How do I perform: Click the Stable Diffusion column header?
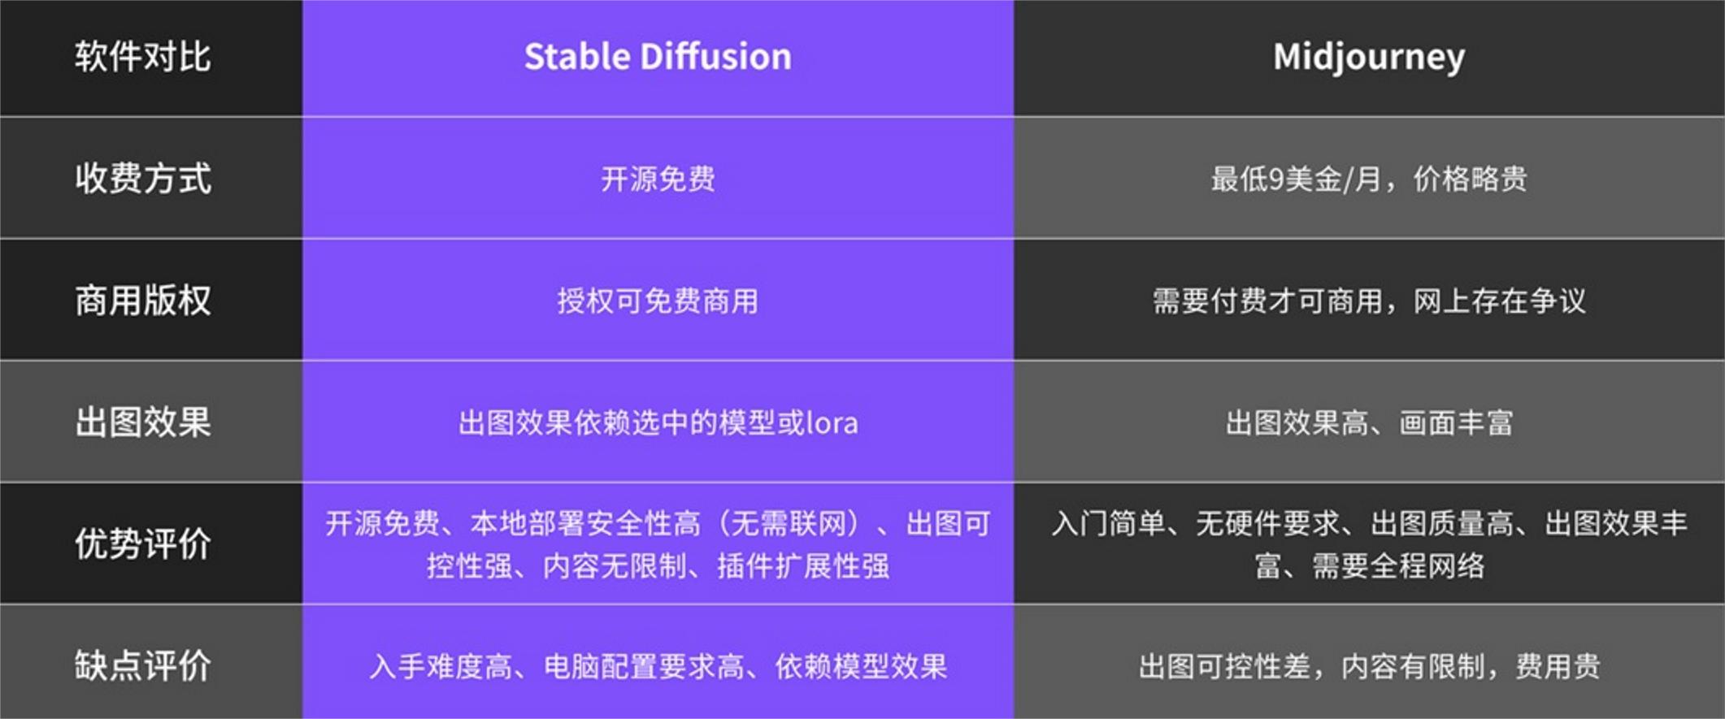[658, 57]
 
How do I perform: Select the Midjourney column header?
[1369, 57]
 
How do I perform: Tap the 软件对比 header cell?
[143, 57]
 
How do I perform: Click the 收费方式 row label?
[143, 179]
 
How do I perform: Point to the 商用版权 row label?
[143, 301]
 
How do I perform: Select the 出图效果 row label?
[143, 422]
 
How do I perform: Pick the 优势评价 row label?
[143, 544]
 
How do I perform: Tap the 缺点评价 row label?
[143, 665]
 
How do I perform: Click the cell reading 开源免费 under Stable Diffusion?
[658, 179]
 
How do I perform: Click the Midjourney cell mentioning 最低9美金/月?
[1369, 179]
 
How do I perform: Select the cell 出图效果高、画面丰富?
[1369, 422]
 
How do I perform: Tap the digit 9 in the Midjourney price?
[1276, 179]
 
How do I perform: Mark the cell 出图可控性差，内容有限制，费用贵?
[1369, 666]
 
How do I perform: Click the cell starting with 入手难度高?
[658, 666]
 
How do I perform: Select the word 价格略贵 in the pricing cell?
[1470, 179]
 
